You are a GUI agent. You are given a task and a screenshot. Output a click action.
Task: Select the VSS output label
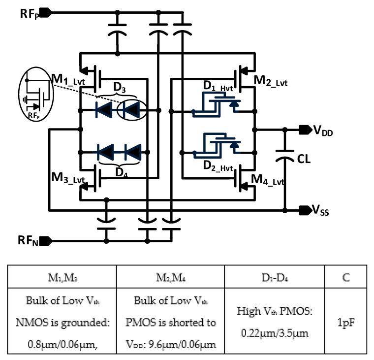click(321, 211)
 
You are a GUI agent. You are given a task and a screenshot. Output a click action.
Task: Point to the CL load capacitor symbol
click(285, 158)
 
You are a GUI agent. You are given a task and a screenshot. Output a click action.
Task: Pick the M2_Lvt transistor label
click(270, 81)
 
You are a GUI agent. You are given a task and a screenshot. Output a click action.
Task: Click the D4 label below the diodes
click(120, 171)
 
